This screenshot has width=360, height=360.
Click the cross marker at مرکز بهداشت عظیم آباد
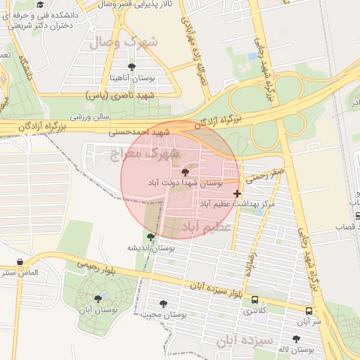237,193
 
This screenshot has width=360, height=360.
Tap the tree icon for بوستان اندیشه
150,236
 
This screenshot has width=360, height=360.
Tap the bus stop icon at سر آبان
309,310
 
